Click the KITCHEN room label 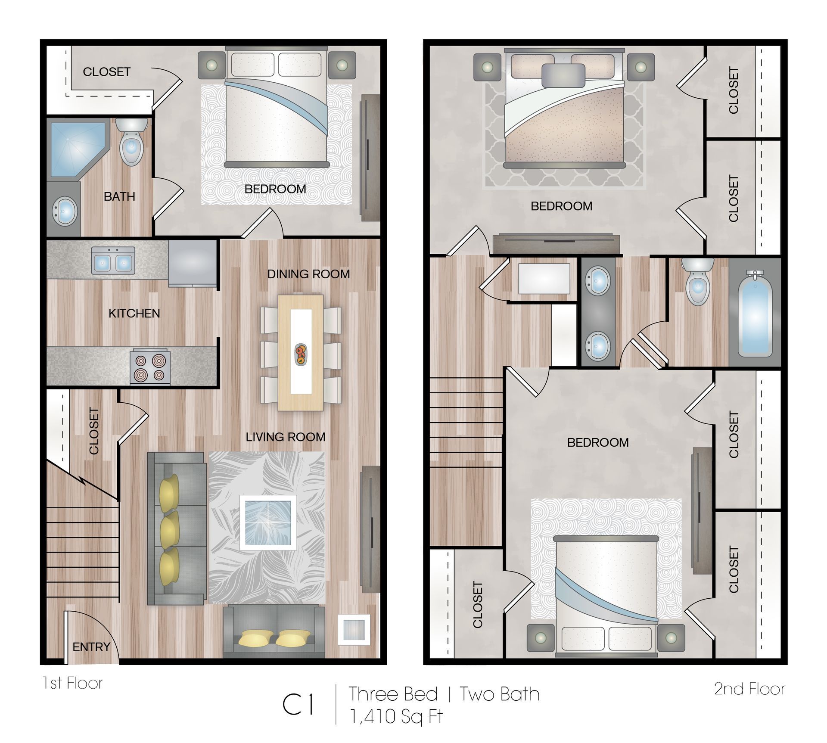[134, 313]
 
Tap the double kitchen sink [113, 261]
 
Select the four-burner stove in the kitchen [150, 367]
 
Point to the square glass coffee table [268, 522]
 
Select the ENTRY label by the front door [91, 647]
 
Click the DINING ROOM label [308, 274]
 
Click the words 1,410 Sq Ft [396, 717]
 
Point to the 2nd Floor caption [749, 689]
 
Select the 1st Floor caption [72, 683]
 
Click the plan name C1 [298, 705]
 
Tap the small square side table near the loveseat [354, 630]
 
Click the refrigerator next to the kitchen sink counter [192, 263]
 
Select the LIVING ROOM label [285, 437]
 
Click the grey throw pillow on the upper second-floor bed [563, 76]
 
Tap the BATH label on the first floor [119, 196]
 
